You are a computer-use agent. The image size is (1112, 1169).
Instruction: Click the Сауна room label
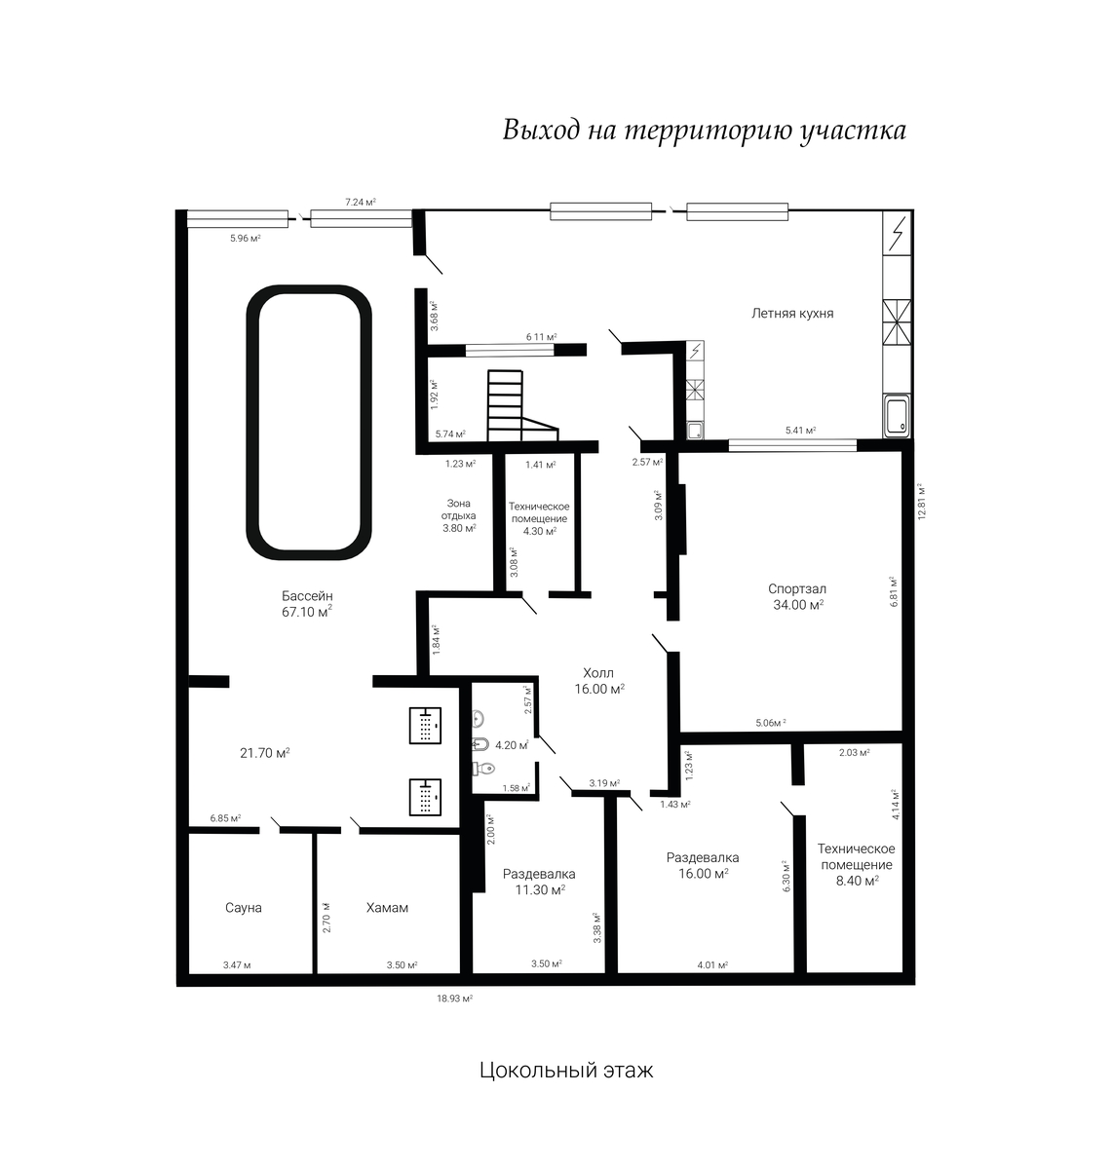244,908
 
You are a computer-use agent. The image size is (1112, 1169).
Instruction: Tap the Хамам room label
387,908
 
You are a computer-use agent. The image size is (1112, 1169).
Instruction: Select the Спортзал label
797,589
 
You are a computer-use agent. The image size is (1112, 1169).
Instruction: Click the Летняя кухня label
792,314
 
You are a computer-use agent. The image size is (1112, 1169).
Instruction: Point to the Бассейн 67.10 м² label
307,604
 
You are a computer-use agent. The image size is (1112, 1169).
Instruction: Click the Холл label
598,673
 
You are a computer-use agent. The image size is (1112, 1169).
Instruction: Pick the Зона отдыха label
459,509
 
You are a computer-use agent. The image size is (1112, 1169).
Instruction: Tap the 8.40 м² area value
858,882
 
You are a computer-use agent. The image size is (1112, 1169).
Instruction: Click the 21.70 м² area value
265,753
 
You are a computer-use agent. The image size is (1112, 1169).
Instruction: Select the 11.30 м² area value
540,889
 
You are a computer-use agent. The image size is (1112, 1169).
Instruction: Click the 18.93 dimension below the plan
454,999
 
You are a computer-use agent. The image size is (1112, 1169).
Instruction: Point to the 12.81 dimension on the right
922,503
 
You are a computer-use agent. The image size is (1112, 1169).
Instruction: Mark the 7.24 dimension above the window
361,203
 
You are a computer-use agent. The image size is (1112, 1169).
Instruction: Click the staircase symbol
522,405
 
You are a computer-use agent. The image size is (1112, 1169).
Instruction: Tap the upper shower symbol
425,726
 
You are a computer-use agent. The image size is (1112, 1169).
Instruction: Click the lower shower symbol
425,797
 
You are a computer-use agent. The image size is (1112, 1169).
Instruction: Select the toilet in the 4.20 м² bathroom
483,769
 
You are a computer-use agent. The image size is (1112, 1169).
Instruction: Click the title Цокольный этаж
566,1071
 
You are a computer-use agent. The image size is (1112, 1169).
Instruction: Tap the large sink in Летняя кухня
897,416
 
